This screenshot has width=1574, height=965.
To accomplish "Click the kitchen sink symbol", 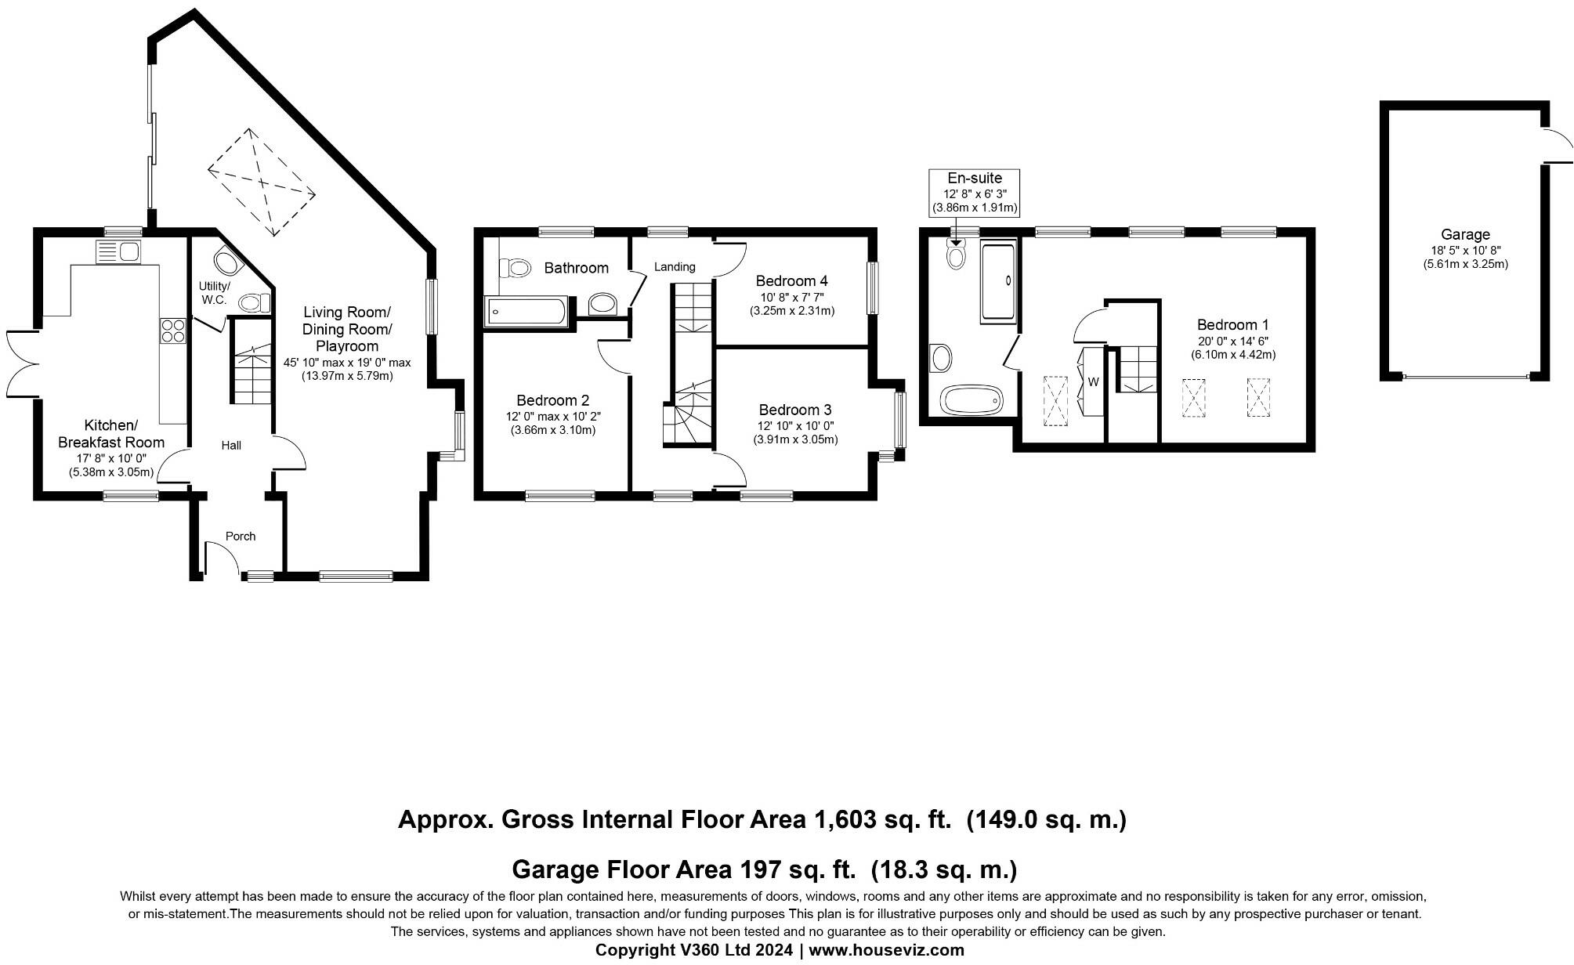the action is point(118,252).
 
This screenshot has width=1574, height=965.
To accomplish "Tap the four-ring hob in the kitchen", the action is point(173,331).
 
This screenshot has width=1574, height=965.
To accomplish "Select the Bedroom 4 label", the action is point(791,280).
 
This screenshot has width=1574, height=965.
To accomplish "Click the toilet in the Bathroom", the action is point(517,269).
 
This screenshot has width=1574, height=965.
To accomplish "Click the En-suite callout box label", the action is point(975,178).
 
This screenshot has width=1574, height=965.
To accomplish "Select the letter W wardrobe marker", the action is point(1093,382).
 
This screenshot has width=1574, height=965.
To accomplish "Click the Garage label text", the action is point(1465,234).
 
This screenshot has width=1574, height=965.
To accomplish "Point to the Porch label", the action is point(241,537).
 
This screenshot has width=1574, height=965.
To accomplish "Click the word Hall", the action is point(231,446).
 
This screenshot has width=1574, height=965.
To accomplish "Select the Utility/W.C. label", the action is point(214,293).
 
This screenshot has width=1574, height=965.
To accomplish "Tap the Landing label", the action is point(675,267).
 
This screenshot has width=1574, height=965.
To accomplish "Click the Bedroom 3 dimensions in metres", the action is point(796,439).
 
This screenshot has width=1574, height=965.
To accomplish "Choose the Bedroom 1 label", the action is point(1233,324).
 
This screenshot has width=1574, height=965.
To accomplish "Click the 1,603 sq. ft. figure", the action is point(883,820).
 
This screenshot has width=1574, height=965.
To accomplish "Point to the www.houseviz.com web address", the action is point(887,950).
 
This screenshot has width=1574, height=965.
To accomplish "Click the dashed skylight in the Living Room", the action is point(262,182).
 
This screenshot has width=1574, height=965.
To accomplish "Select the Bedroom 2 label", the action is point(552,400).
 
